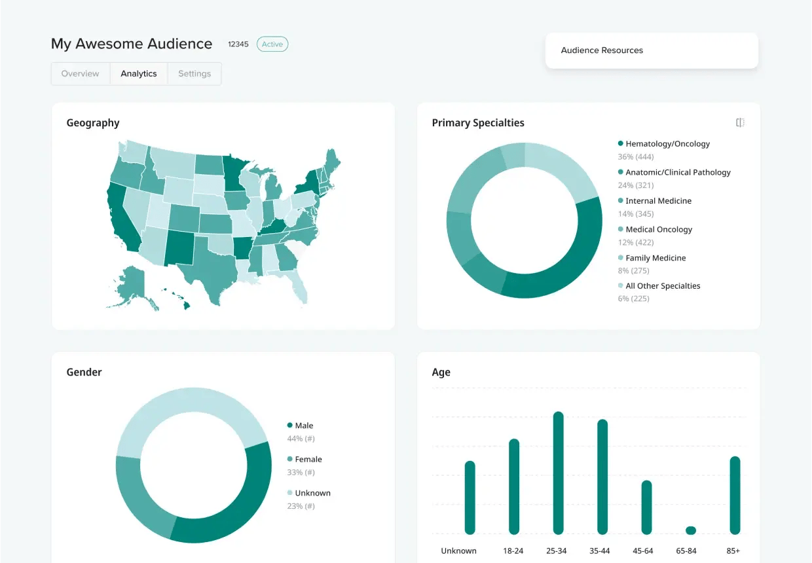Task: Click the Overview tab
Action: coord(81,74)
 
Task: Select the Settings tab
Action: coord(194,74)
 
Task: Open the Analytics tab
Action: coord(139,74)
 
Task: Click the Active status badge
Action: coord(272,45)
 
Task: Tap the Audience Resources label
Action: coord(602,50)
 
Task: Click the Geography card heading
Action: coord(93,123)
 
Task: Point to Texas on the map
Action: coord(204,275)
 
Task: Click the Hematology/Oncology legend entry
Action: coord(667,144)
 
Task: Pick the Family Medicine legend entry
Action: coord(655,258)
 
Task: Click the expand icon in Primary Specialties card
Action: coord(740,123)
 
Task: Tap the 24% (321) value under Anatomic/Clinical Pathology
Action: coord(636,185)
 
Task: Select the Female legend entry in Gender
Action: coord(308,460)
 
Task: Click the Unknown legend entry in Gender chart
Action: coord(312,493)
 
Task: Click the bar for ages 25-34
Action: coord(559,473)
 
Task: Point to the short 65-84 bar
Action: coord(691,530)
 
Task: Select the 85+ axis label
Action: coord(734,551)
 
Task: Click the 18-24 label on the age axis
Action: coord(513,551)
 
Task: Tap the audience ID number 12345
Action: coord(238,45)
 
